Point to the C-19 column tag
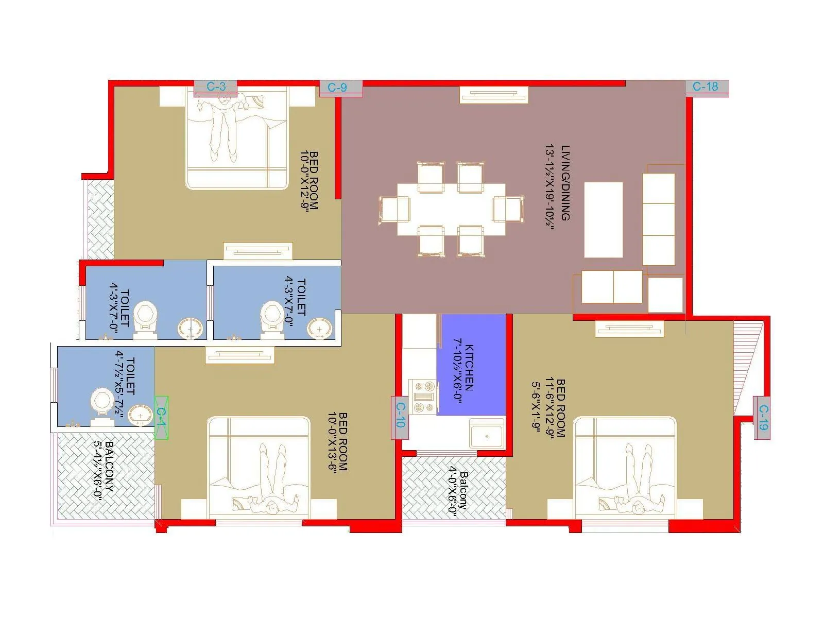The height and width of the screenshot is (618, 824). tap(762, 418)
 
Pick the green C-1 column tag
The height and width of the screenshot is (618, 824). tap(161, 418)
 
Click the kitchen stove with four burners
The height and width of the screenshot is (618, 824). tap(423, 397)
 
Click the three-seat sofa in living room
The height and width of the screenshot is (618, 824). tap(659, 219)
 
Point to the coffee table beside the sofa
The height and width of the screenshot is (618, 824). tap(603, 219)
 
